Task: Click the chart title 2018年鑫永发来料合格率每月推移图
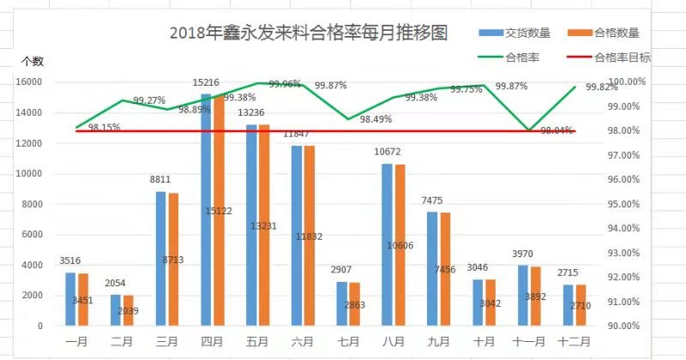(x=309, y=33)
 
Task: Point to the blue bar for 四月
(x=206, y=210)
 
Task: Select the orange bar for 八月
(x=400, y=244)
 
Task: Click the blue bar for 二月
(x=116, y=309)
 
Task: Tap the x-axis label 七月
(x=348, y=340)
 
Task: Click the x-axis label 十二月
(x=575, y=340)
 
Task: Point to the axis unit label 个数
(x=33, y=61)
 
